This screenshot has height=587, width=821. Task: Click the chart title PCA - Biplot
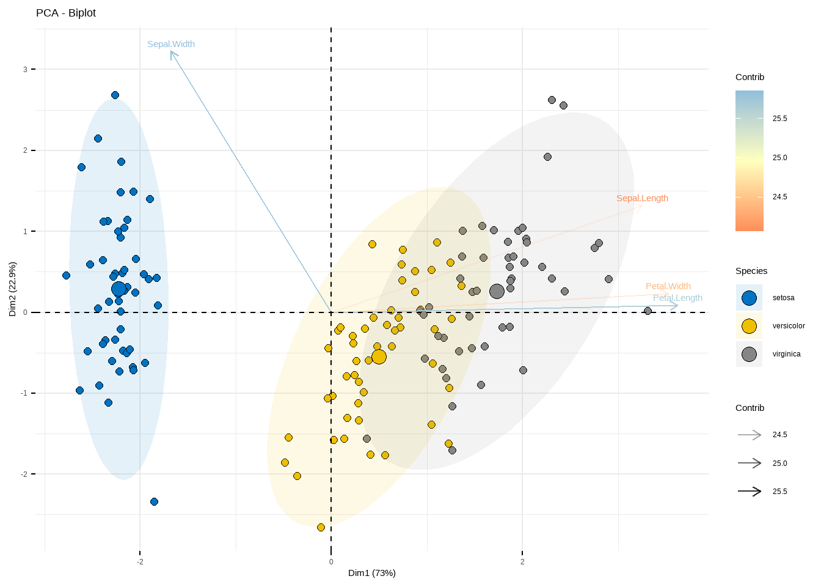66,13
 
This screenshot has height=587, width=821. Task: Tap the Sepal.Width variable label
171,44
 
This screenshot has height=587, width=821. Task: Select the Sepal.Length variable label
642,198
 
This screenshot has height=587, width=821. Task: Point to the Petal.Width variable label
668,286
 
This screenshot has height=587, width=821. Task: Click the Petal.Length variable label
677,298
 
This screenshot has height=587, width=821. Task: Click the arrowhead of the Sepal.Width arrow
172,53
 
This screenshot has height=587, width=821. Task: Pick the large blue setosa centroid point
119,289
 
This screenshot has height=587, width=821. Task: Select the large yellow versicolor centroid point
379,356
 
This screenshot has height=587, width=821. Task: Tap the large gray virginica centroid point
497,291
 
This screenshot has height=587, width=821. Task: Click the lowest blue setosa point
154,501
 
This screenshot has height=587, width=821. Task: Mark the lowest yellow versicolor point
321,527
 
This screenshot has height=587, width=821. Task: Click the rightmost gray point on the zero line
648,311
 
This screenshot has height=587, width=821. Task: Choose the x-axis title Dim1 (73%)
371,573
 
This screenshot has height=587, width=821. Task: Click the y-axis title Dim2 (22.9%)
12,289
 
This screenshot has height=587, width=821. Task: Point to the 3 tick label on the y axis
25,70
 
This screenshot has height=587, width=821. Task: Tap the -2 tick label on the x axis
140,562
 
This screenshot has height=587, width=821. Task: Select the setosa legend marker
749,298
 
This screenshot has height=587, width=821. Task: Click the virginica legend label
786,354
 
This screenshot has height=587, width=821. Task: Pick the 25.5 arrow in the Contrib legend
750,491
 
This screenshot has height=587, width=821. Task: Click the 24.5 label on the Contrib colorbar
779,197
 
